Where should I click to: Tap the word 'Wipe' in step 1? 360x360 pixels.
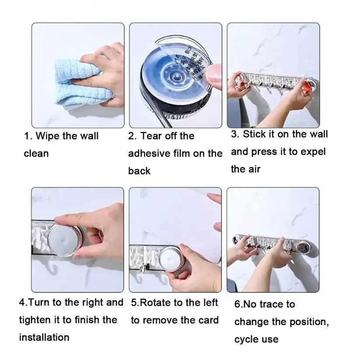(x=48, y=136)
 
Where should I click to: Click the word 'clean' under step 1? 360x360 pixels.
(x=36, y=154)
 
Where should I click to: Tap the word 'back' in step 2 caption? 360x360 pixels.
(x=139, y=171)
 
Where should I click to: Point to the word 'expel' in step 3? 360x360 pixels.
(x=312, y=152)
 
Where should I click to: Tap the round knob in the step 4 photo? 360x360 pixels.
(x=64, y=240)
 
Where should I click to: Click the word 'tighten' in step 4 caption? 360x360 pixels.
(x=35, y=320)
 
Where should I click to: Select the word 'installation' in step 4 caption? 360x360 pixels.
(x=44, y=337)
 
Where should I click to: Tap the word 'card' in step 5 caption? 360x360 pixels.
(x=207, y=320)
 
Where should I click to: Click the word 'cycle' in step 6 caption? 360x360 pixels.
(x=247, y=339)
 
